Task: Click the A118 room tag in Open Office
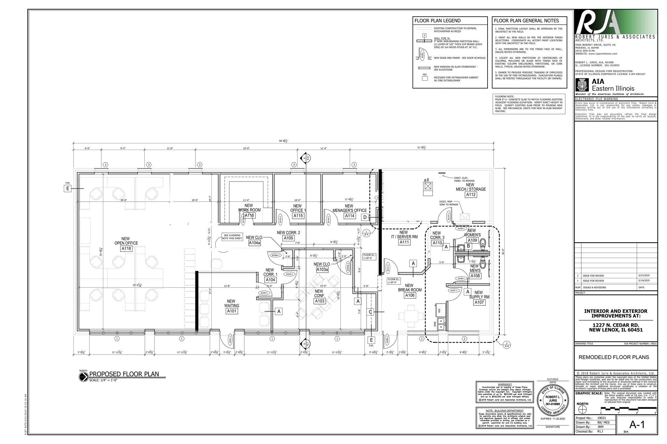(x=126, y=249)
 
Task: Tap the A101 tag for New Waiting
(x=232, y=311)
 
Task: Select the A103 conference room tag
(x=319, y=301)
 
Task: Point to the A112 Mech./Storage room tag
(x=471, y=195)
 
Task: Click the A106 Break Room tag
(x=410, y=295)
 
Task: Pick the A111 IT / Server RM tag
(x=404, y=242)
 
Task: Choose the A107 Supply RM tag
(x=479, y=302)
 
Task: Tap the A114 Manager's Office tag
(x=350, y=216)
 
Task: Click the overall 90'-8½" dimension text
(x=283, y=141)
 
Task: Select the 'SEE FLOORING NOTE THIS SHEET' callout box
(x=232, y=237)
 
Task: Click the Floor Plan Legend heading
(x=437, y=21)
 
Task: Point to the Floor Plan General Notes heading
(x=526, y=21)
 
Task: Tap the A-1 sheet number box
(x=637, y=424)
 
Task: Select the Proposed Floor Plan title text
(x=124, y=374)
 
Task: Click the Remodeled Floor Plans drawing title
(x=614, y=357)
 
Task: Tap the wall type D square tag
(x=365, y=217)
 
